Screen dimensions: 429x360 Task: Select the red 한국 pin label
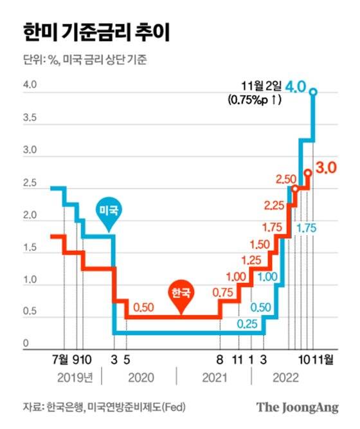click(x=181, y=293)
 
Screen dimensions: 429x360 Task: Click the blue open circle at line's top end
click(x=313, y=92)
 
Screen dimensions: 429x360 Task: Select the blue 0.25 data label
click(x=248, y=324)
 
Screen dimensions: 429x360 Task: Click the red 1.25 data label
click(x=254, y=260)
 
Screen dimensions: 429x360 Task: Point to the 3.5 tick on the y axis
click(x=30, y=119)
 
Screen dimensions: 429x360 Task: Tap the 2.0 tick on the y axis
click(x=30, y=217)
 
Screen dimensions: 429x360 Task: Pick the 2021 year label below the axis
click(x=214, y=378)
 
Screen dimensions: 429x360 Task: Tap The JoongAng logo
click(x=297, y=406)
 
